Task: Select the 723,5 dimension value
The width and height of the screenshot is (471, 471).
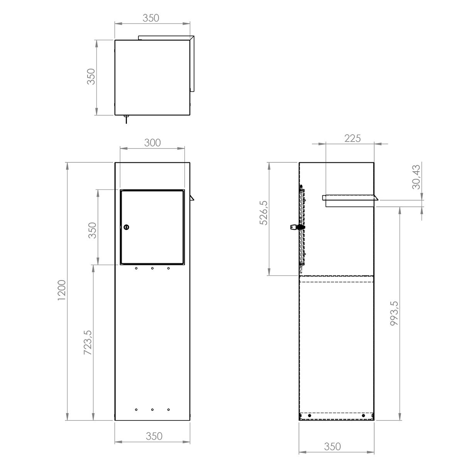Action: pyautogui.click(x=88, y=342)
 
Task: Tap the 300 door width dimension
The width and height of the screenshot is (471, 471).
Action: pyautogui.click(x=152, y=143)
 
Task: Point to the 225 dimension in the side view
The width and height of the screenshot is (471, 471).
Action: pyautogui.click(x=353, y=138)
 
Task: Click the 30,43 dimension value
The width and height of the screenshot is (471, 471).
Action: pyautogui.click(x=416, y=177)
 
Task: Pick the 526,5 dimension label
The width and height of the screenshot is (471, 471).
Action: pyautogui.click(x=264, y=213)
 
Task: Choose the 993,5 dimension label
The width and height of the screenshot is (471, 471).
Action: pyautogui.click(x=394, y=313)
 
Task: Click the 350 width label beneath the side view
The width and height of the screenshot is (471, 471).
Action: pyautogui.click(x=333, y=447)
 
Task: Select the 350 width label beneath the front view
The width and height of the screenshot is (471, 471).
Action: pyautogui.click(x=154, y=436)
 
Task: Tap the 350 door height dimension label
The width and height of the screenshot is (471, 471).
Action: pyautogui.click(x=93, y=230)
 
